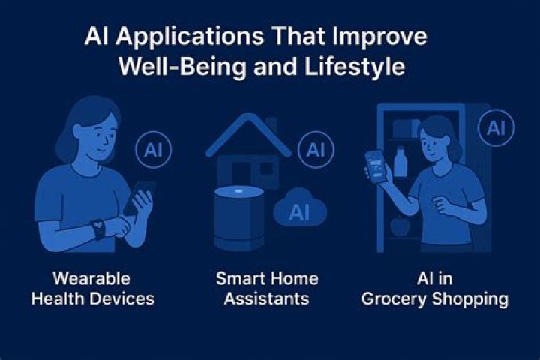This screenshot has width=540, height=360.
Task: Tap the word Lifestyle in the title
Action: click(355, 67)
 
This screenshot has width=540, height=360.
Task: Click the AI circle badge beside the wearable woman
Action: click(153, 150)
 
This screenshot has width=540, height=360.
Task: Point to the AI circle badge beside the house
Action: click(316, 150)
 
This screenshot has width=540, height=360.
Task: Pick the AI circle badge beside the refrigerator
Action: click(496, 127)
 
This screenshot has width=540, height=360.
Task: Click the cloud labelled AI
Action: click(300, 208)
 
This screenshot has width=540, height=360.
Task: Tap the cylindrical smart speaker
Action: click(239, 218)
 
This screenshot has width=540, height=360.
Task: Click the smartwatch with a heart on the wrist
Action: click(98, 229)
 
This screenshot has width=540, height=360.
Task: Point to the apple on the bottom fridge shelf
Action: click(400, 225)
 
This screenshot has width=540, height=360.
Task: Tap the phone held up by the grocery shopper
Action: click(376, 166)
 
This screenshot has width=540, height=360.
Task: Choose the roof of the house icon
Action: click(249, 135)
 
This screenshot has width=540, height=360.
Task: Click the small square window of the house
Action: click(267, 169)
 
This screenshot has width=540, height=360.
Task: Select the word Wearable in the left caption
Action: click(91, 278)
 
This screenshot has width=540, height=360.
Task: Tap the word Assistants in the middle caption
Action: click(266, 298)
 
